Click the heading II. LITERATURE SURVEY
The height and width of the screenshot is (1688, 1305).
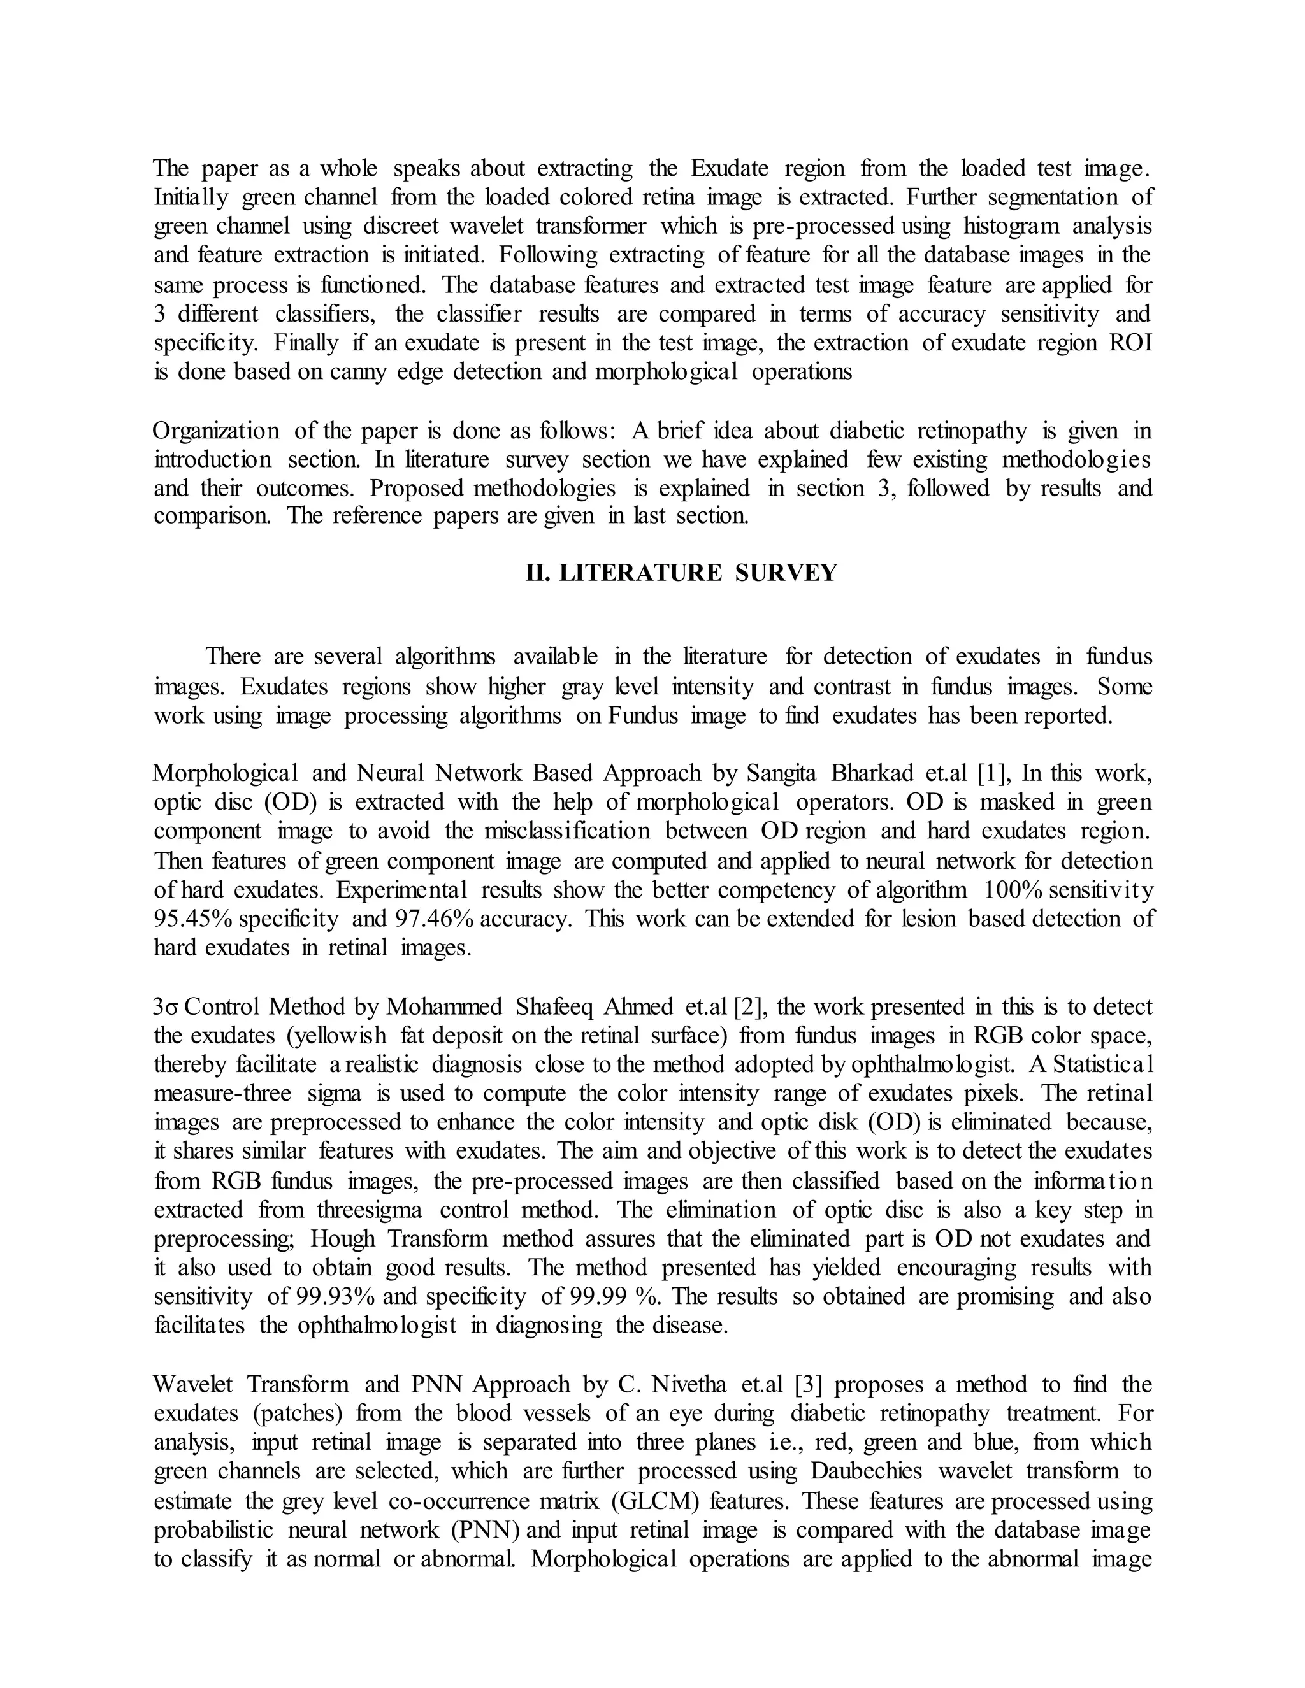click(x=681, y=573)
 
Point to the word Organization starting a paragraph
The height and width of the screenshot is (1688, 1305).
click(x=217, y=430)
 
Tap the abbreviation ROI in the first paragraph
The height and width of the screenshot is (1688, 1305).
click(x=1130, y=343)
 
